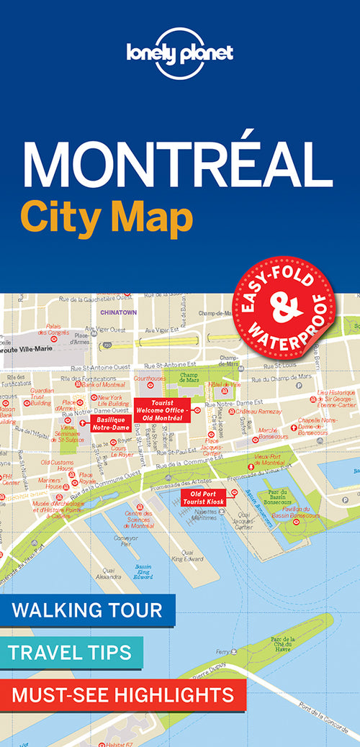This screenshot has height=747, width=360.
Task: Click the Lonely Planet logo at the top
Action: [180, 56]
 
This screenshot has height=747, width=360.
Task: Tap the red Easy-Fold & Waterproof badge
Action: [284, 307]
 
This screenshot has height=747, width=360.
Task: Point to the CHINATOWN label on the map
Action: [119, 313]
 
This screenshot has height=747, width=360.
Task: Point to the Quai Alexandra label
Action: [109, 574]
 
